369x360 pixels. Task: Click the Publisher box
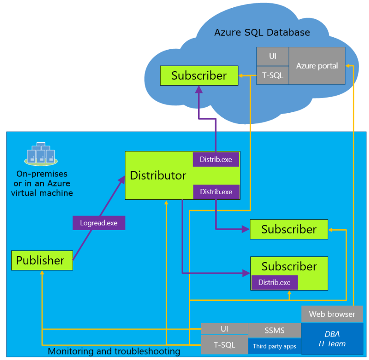coord(42,260)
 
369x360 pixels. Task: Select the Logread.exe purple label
coord(98,223)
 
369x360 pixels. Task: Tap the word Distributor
coord(158,175)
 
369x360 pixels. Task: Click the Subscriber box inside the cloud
coord(199,75)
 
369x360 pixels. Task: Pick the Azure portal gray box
coord(317,66)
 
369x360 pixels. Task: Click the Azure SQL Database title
coord(262,33)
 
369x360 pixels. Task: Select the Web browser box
coord(332,314)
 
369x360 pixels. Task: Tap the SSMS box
coord(274,330)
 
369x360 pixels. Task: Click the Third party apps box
coord(274,346)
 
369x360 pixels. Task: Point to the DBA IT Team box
coord(332,339)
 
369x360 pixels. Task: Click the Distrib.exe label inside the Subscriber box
coord(274,282)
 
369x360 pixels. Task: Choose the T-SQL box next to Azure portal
coord(272,75)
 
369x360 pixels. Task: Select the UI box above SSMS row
coord(224,329)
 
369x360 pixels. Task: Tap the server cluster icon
coord(41,154)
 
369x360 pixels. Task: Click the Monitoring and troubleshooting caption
coord(114,351)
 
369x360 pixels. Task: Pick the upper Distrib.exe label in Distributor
coord(216,159)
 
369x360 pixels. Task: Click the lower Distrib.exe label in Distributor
coord(216,192)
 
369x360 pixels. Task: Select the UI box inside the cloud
coord(272,56)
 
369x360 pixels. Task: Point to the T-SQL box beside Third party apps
coord(224,345)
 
